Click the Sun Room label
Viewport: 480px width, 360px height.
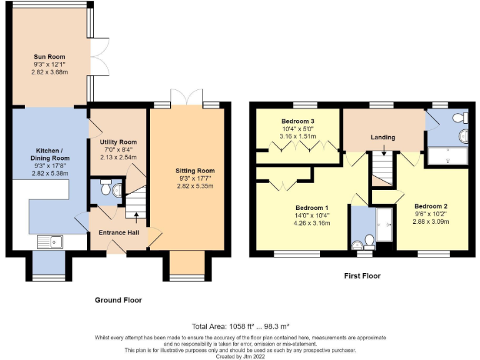pos(49,57)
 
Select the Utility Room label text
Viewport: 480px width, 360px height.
pos(118,142)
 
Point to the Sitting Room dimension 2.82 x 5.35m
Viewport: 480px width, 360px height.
pos(196,186)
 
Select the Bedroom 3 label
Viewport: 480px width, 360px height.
pos(297,121)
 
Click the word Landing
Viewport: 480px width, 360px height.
pos(383,137)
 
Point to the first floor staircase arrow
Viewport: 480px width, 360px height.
pos(384,152)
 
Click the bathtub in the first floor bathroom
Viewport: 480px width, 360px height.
pos(447,156)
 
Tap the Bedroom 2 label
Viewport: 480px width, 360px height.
pos(431,206)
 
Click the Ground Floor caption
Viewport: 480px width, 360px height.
pos(118,300)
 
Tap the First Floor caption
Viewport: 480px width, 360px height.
pos(362,276)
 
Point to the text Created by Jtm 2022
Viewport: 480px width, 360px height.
pos(240,356)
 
